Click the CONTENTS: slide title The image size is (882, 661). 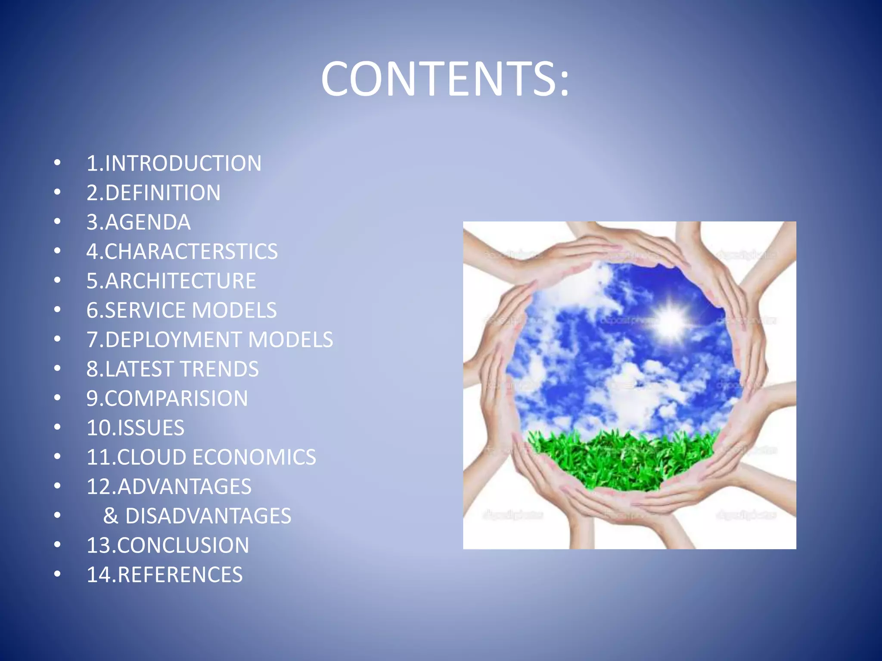(x=445, y=79)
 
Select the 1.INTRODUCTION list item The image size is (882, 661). (x=174, y=164)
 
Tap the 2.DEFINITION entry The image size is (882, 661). (x=153, y=193)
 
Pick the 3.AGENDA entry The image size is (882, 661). (x=138, y=222)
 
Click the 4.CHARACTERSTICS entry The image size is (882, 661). (x=182, y=252)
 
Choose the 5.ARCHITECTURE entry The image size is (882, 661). (x=171, y=281)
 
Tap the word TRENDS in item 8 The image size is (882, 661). (x=219, y=369)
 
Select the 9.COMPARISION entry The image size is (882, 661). (x=167, y=398)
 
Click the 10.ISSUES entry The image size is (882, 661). (x=135, y=428)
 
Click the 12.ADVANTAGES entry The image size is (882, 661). (x=169, y=487)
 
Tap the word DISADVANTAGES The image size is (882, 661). (x=208, y=516)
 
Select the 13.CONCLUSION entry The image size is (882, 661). (x=168, y=545)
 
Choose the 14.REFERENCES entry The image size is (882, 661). (x=165, y=575)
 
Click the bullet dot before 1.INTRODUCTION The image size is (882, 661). (x=57, y=163)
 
